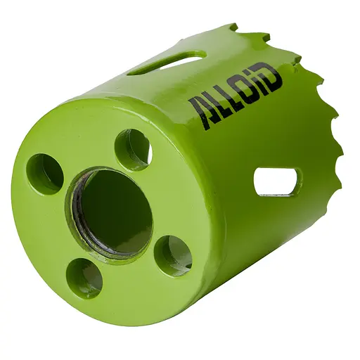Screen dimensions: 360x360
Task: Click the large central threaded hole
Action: pyautogui.click(x=112, y=211)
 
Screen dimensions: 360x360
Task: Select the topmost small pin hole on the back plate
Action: pyautogui.click(x=132, y=149)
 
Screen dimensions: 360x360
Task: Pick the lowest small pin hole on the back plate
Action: pyautogui.click(x=84, y=277)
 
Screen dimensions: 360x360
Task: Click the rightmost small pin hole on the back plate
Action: pyautogui.click(x=172, y=255)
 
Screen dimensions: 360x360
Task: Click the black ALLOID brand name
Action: pyautogui.click(x=236, y=92)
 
